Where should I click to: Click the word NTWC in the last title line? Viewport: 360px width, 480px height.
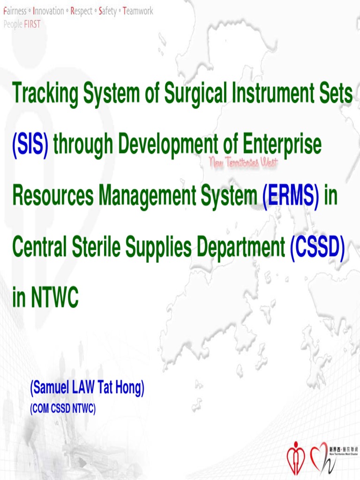tap(55, 298)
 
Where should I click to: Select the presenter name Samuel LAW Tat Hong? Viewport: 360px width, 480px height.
tap(87, 389)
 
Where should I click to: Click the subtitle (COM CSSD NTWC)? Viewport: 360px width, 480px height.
tap(63, 409)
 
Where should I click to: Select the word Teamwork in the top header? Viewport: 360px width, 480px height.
tap(138, 11)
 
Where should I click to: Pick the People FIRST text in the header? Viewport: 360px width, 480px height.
tap(22, 24)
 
